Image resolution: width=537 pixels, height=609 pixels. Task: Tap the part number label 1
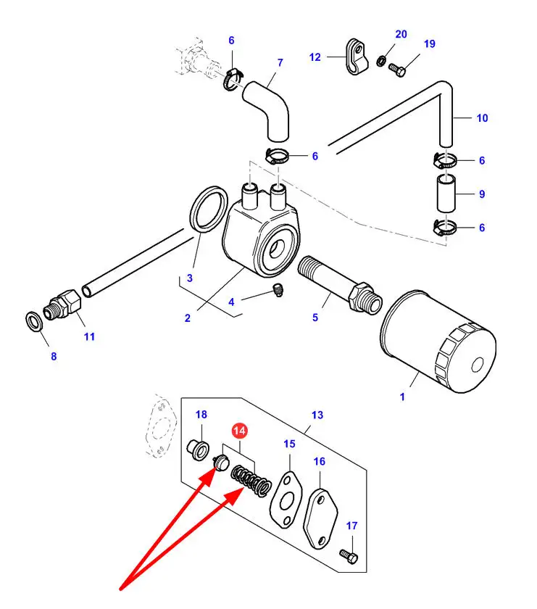click(x=403, y=397)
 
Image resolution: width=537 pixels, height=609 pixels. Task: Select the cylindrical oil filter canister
click(x=437, y=342)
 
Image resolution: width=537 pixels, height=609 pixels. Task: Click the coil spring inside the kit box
click(x=251, y=480)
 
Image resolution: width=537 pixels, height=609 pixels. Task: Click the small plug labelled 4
click(x=275, y=291)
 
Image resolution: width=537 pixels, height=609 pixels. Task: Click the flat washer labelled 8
click(x=33, y=320)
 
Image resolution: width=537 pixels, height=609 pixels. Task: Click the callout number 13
click(x=317, y=415)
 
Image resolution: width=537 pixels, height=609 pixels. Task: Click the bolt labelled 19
click(x=397, y=70)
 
